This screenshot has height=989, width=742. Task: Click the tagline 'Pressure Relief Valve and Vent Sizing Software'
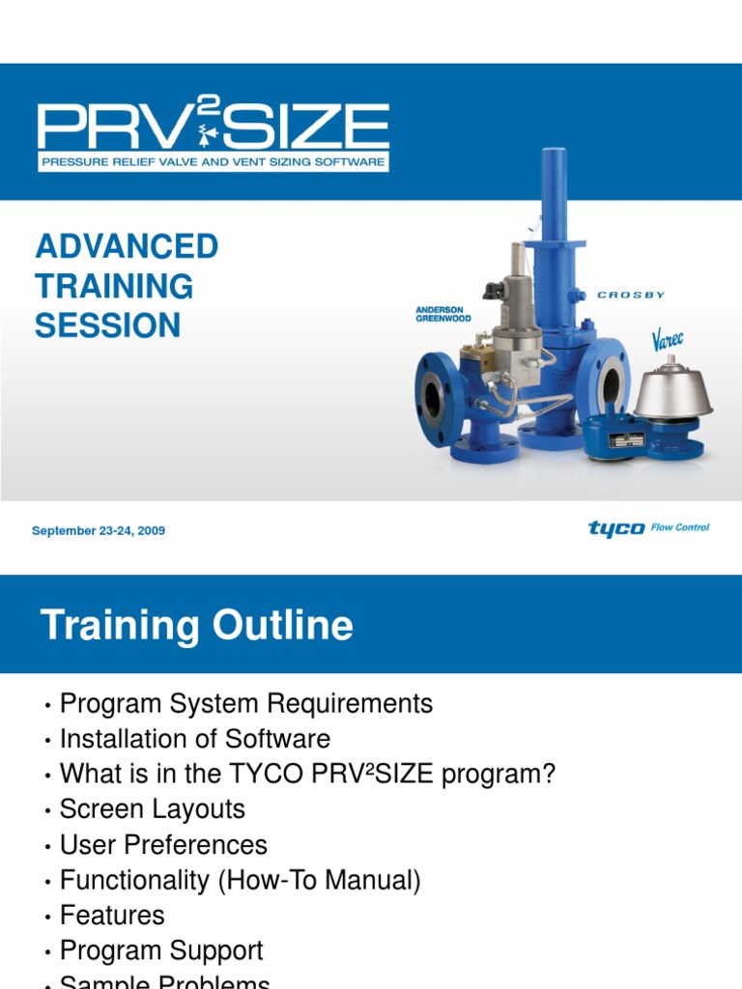(213, 162)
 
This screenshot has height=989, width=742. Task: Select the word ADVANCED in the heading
(127, 246)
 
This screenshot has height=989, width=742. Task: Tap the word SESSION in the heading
(107, 325)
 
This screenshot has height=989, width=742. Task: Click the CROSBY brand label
(630, 296)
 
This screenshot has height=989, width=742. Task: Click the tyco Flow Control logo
(648, 528)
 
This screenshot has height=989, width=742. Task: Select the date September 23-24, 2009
(99, 531)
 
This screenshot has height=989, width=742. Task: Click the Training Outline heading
(196, 626)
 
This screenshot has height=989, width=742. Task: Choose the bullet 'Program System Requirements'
(245, 704)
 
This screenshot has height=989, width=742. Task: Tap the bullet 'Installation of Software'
(194, 739)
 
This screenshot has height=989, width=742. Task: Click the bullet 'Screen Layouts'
(152, 809)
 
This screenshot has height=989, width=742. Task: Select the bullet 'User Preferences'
(163, 845)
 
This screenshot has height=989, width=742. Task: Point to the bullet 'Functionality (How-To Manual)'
(240, 880)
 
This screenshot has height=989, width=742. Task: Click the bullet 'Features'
(112, 915)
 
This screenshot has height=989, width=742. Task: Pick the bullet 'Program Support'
(161, 950)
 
